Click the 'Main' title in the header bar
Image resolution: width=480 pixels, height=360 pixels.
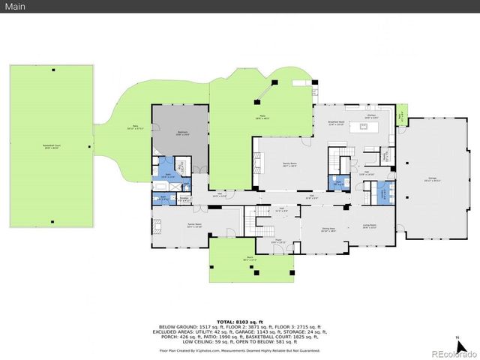(17, 7)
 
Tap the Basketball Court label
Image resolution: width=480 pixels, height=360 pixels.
(52, 148)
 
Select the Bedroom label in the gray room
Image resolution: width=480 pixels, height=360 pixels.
(181, 133)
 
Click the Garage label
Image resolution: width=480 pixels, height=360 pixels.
(433, 181)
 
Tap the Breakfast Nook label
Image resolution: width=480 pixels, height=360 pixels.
(336, 123)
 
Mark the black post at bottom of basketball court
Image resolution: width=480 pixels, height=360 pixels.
(52, 223)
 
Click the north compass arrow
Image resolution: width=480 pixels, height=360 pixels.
(458, 341)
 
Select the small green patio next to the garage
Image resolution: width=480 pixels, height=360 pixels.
(402, 117)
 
